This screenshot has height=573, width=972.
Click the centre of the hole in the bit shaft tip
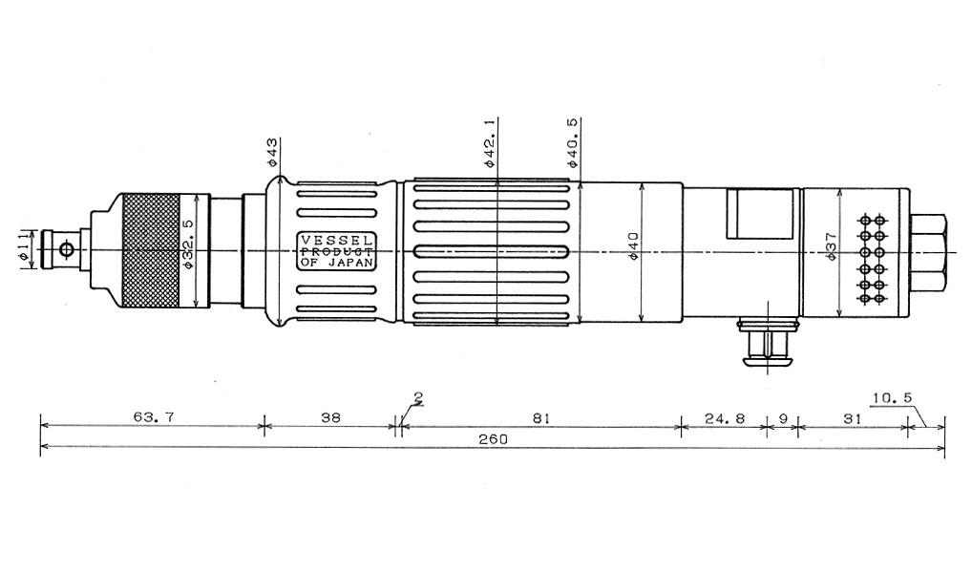66,250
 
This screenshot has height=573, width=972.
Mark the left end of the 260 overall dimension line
41,447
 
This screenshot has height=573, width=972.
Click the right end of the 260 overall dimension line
944,447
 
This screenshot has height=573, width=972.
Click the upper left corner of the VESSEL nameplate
297,232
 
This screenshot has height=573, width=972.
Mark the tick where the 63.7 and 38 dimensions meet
264,425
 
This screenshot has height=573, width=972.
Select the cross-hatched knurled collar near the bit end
151,250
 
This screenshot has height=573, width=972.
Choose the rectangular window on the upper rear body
760,214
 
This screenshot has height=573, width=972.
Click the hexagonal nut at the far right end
928,250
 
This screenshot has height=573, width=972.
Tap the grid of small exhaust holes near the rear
871,259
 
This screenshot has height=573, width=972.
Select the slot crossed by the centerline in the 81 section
492,252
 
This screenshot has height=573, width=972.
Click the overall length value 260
493,439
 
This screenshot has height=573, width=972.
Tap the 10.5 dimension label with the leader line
892,398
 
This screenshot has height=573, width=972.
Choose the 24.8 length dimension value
724,418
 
